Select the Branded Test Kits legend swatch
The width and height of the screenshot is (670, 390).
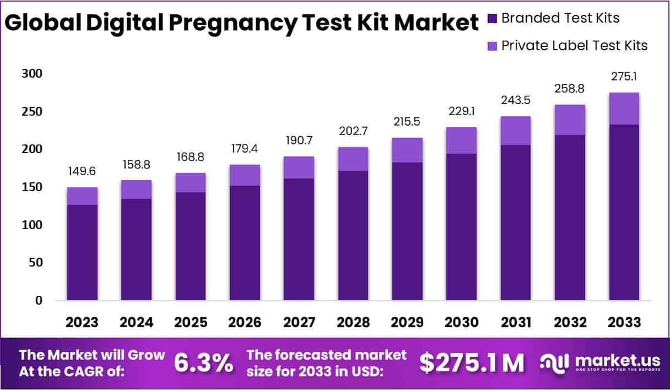pyautogui.click(x=493, y=18)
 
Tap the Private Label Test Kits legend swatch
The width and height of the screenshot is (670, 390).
pyautogui.click(x=493, y=45)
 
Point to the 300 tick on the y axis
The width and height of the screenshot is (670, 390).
pyautogui.click(x=31, y=74)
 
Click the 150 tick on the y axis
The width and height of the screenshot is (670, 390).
pyautogui.click(x=31, y=187)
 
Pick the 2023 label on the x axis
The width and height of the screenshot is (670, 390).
pyautogui.click(x=82, y=322)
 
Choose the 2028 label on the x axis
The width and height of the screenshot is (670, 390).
pyautogui.click(x=353, y=322)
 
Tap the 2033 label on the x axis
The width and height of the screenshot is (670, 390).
pyautogui.click(x=624, y=322)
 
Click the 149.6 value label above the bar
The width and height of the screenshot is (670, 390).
pyautogui.click(x=82, y=172)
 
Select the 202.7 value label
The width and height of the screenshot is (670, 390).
pyautogui.click(x=353, y=132)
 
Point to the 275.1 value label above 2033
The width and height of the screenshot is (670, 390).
pyautogui.click(x=624, y=77)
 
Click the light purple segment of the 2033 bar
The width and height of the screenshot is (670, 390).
pyautogui.click(x=624, y=109)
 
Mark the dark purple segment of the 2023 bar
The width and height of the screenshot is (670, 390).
pyautogui.click(x=82, y=252)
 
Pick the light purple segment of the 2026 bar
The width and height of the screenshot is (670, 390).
pyautogui.click(x=245, y=175)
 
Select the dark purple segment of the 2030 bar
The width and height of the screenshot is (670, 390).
pyautogui.click(x=462, y=227)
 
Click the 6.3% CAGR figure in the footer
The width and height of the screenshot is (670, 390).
pyautogui.click(x=203, y=362)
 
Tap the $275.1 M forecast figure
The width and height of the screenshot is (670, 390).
pyautogui.click(x=472, y=362)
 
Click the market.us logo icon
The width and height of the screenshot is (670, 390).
pyautogui.click(x=554, y=362)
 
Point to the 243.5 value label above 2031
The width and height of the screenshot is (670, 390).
pyautogui.click(x=516, y=101)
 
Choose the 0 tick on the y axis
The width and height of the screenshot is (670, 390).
pyautogui.click(x=39, y=301)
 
